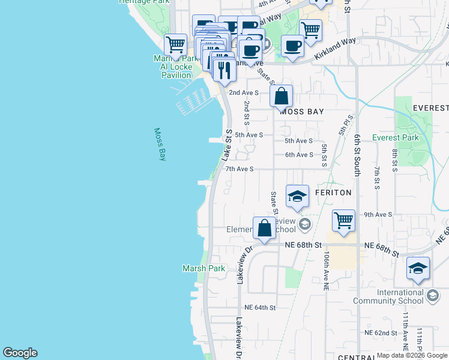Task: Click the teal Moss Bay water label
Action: pyautogui.click(x=160, y=144)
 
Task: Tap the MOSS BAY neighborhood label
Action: pyautogui.click(x=301, y=112)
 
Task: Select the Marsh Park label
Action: pyautogui.click(x=204, y=268)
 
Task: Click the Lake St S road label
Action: pyautogui.click(x=227, y=145)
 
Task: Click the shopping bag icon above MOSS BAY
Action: pyautogui.click(x=281, y=95)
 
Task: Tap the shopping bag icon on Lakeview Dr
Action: pyautogui.click(x=264, y=228)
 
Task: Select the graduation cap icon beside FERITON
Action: pyautogui.click(x=297, y=196)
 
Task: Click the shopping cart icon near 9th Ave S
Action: pyautogui.click(x=343, y=220)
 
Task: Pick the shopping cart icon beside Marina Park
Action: pyautogui.click(x=175, y=44)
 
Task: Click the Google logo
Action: pyautogui.click(x=20, y=353)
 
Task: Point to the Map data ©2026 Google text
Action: pyautogui.click(x=411, y=355)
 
